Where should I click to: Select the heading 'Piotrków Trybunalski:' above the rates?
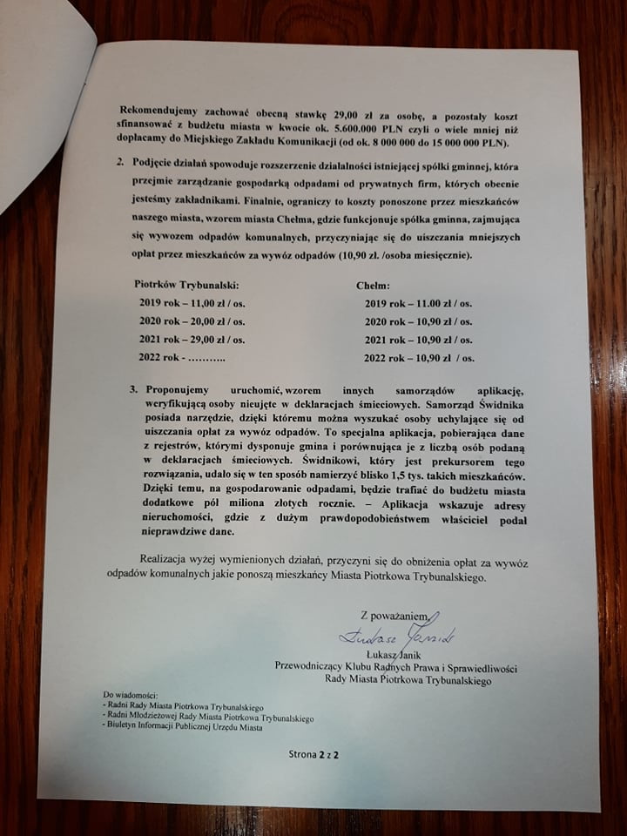point(185,285)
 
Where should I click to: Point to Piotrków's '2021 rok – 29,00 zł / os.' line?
point(192,339)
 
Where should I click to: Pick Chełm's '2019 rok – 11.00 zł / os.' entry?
point(418,303)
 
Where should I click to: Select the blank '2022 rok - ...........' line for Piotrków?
point(182,357)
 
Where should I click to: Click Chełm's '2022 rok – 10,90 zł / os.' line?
point(419,357)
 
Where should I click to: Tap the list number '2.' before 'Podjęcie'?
point(121,163)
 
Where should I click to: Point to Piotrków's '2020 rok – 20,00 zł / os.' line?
point(192,320)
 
